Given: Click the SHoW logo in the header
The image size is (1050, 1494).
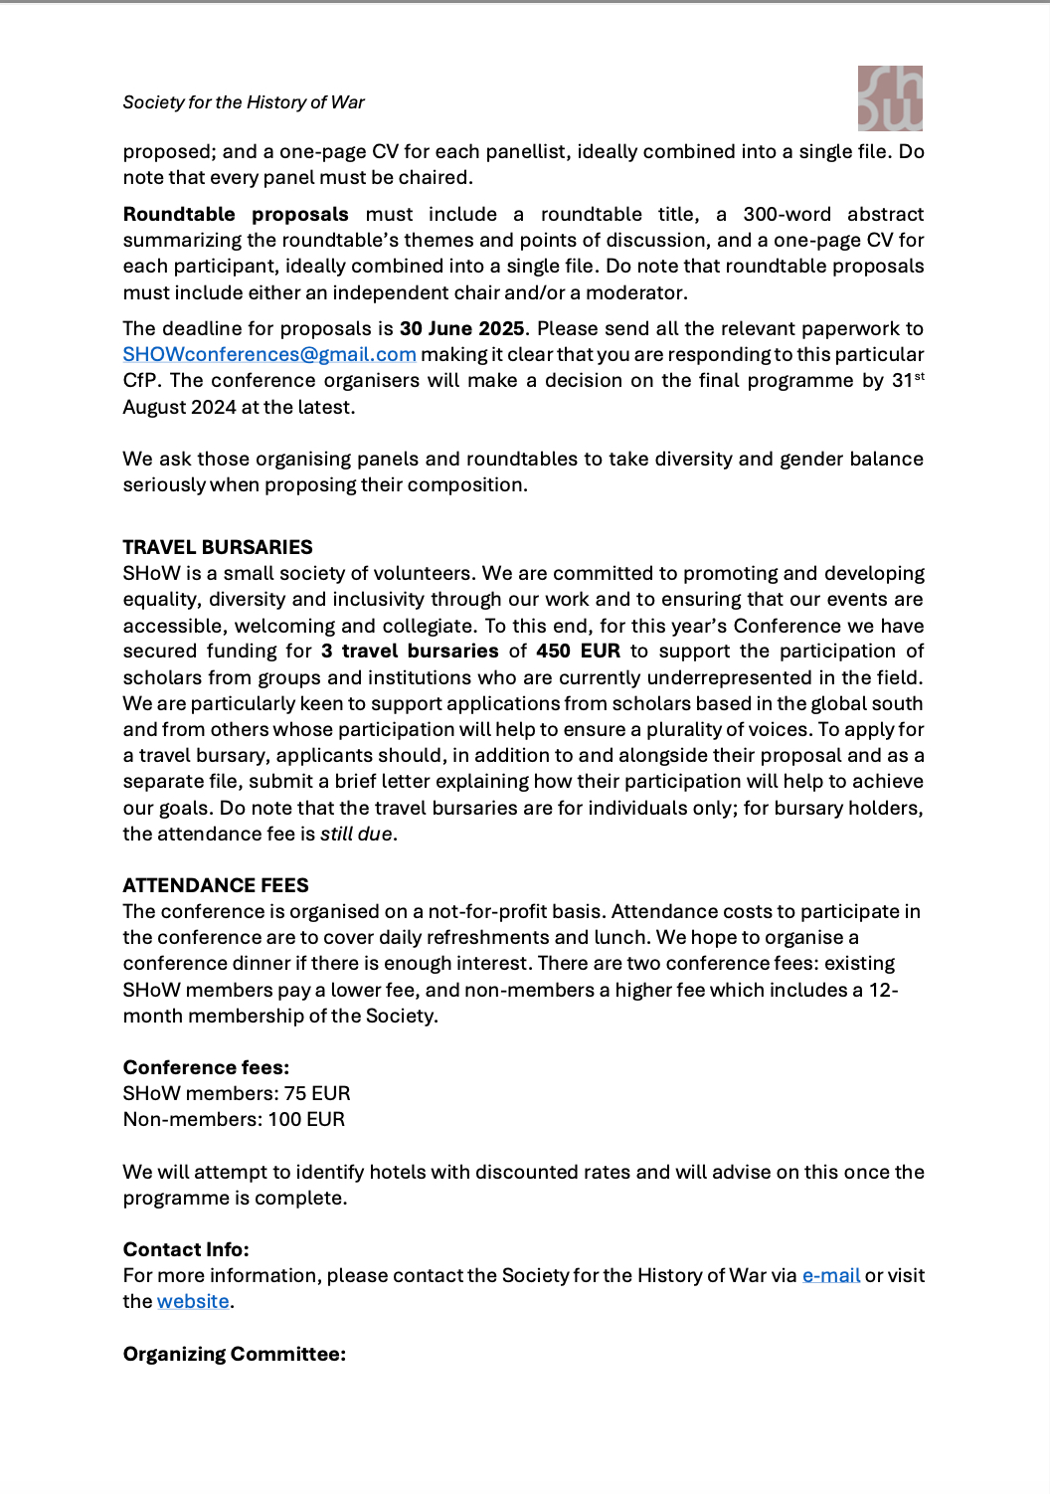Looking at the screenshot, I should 890,98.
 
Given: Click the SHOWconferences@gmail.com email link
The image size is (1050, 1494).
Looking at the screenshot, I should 269,355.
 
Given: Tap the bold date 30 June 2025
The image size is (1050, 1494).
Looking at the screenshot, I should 461,329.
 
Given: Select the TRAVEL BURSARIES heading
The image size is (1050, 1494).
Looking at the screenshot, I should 218,547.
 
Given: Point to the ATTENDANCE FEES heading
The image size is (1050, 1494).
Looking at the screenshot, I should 216,885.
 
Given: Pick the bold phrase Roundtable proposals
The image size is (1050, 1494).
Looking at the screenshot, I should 236,215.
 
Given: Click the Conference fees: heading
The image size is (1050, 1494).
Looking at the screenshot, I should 206,1067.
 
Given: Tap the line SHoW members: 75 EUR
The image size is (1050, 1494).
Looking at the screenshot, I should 237,1093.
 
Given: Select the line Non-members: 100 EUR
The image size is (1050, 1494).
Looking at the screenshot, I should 234,1119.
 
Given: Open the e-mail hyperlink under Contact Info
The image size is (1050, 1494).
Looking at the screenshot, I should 831,1275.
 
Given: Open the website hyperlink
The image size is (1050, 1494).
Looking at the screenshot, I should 193,1301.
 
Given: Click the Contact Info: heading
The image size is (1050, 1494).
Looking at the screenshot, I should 186,1249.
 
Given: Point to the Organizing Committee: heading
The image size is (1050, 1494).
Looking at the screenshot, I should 235,1354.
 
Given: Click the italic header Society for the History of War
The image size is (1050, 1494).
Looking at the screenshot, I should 244,102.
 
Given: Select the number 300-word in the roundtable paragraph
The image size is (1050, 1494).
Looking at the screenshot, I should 787,215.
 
